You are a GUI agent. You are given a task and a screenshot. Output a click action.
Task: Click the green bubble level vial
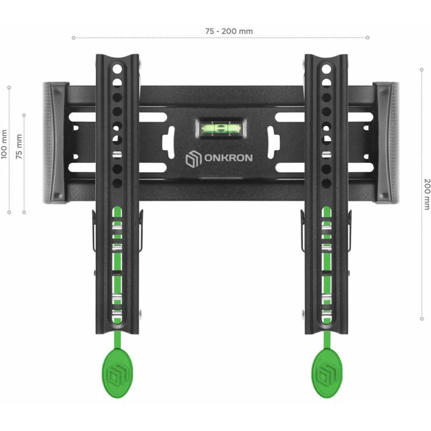221,128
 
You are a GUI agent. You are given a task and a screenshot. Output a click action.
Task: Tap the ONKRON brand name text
228,158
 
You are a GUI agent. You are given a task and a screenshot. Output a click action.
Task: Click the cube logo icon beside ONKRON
194,158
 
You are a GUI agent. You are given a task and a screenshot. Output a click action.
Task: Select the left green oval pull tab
117,373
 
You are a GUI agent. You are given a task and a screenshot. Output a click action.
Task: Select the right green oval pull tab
327,373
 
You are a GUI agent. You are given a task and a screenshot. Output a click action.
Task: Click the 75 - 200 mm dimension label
229,31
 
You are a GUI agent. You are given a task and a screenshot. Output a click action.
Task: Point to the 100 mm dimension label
4,144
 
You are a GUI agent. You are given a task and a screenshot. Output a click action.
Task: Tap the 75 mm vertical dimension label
19,147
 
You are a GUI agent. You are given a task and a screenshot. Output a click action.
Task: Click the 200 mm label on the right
427,194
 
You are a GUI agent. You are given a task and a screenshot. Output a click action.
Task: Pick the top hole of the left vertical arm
117,69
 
